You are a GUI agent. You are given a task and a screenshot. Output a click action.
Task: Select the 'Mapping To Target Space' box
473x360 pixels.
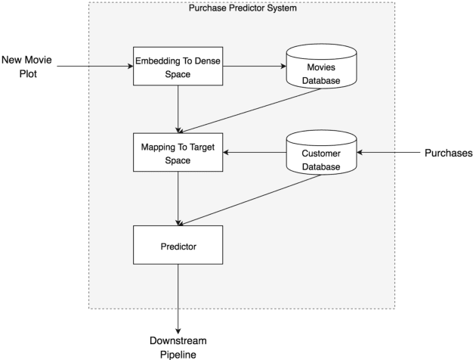pos(178,154)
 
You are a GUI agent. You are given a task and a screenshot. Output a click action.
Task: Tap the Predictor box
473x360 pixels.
pos(178,247)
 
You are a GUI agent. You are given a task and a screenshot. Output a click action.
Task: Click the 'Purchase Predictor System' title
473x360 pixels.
pos(242,8)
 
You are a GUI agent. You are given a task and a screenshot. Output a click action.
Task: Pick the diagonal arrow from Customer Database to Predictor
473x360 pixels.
pos(249,200)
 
